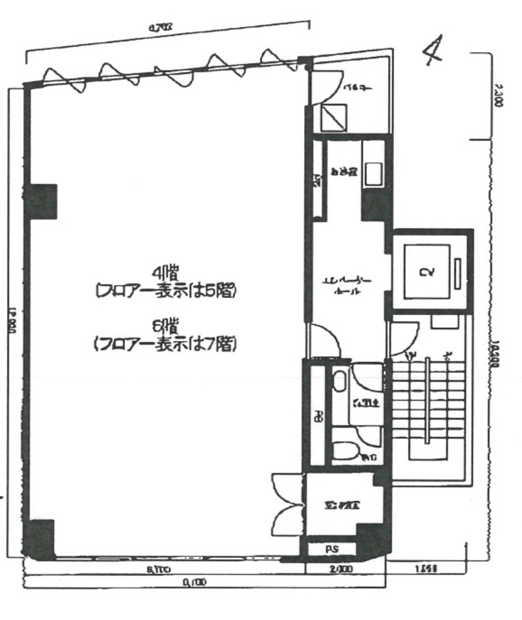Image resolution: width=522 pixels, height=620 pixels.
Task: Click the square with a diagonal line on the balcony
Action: pyautogui.click(x=334, y=118)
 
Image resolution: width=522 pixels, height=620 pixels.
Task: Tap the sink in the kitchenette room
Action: pyautogui.click(x=372, y=174)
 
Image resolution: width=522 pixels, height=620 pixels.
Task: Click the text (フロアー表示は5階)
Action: pyautogui.click(x=165, y=292)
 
